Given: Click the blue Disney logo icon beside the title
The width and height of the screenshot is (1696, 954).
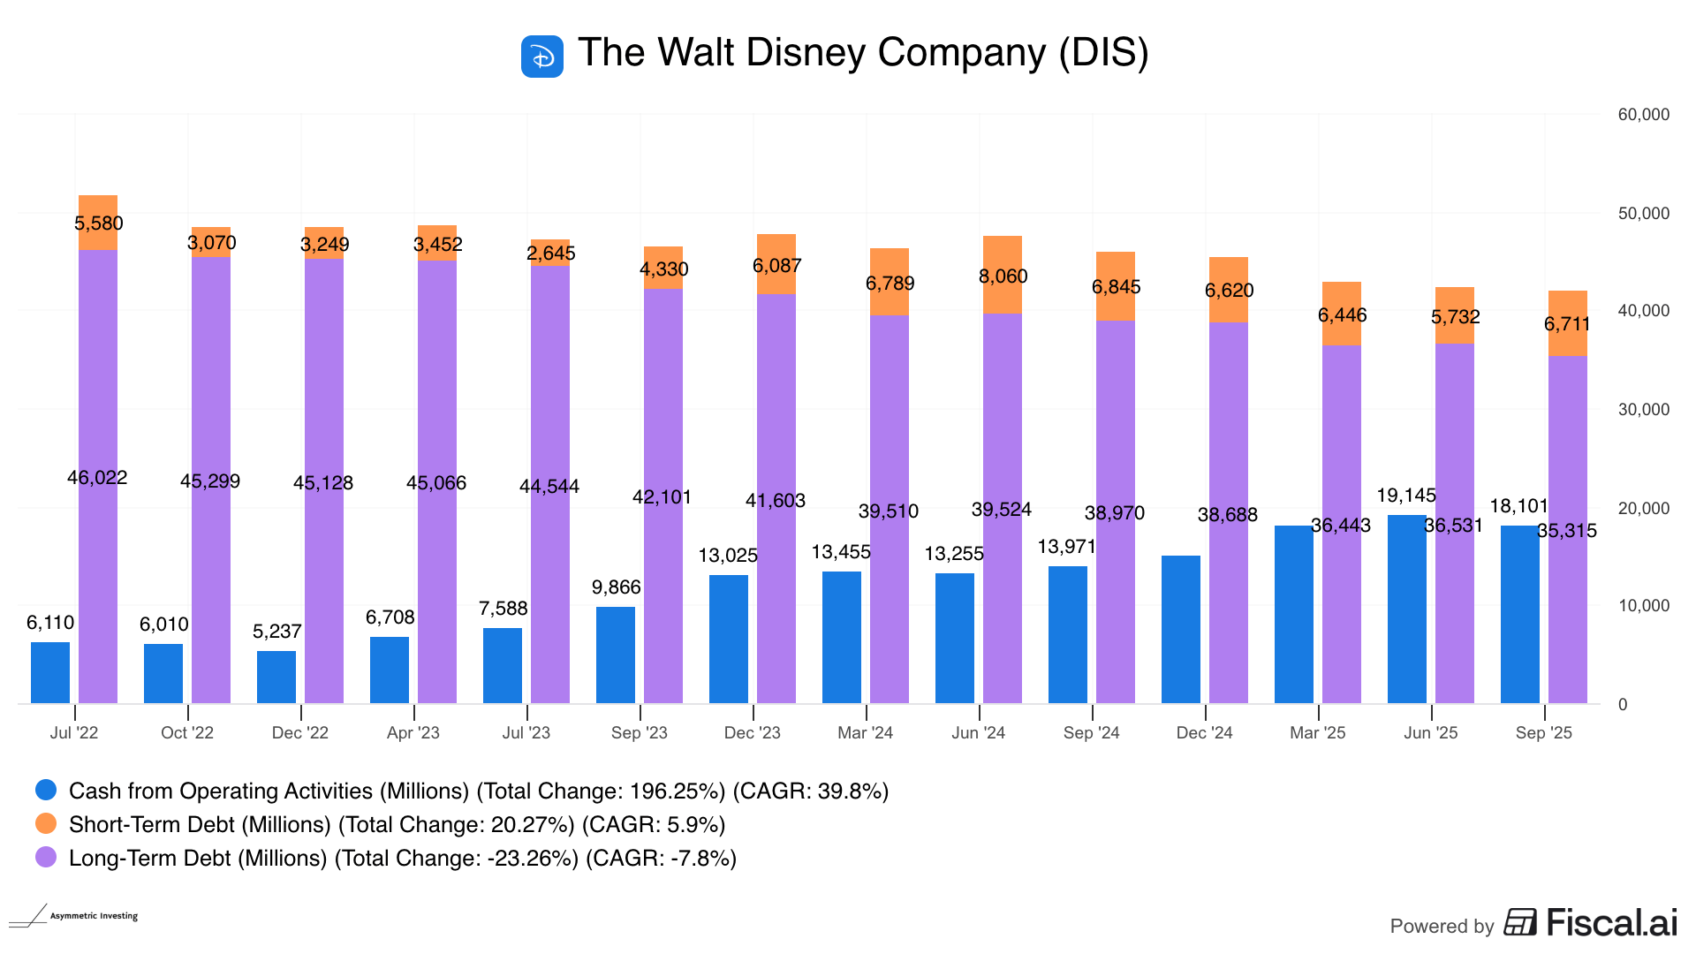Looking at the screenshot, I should tap(541, 57).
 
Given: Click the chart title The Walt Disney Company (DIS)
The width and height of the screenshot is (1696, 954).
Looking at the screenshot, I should tap(863, 53).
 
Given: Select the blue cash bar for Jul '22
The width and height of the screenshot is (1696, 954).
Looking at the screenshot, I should tap(50, 672).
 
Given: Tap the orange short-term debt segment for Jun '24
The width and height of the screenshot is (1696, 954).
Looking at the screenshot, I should tap(1003, 275).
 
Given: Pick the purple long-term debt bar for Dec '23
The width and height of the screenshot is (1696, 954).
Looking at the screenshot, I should tap(776, 530).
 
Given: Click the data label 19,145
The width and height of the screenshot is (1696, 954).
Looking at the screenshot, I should tap(1406, 496).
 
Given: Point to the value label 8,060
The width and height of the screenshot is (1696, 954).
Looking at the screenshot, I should tap(1003, 276).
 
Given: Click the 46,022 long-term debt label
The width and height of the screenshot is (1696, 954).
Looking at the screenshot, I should tap(97, 478).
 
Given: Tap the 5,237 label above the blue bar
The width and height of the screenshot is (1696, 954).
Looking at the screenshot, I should tap(276, 632).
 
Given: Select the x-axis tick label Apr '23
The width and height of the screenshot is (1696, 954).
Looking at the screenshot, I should tap(413, 732).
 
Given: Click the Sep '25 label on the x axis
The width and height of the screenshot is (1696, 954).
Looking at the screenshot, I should tap(1544, 732).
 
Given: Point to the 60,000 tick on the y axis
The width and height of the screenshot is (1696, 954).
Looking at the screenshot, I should tap(1644, 115).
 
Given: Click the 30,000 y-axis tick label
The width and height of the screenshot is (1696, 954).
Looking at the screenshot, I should tap(1644, 410).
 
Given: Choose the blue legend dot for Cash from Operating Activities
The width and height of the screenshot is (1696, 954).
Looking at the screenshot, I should tap(46, 790).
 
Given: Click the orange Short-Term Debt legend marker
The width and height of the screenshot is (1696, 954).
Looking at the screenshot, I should tap(46, 823).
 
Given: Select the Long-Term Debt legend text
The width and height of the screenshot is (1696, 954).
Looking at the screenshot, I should tap(402, 858).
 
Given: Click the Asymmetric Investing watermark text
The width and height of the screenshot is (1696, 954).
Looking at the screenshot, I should tap(94, 916).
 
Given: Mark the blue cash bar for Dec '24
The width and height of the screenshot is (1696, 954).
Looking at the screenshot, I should tap(1181, 629).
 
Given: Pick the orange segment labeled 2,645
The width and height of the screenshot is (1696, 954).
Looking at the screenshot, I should tap(550, 253).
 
